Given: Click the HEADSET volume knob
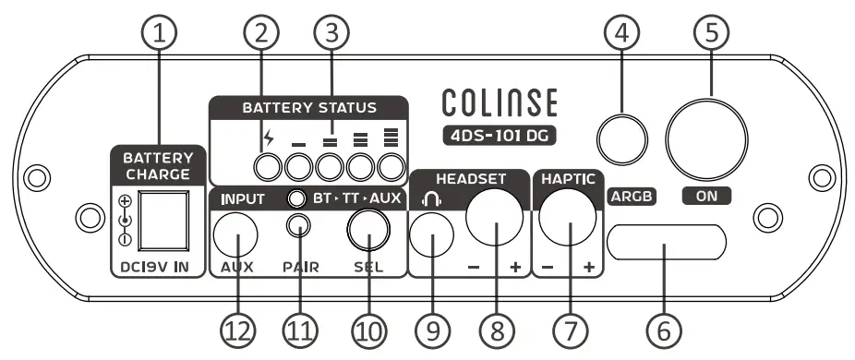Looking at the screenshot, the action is (494, 218).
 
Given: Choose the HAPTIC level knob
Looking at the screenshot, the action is (567, 222).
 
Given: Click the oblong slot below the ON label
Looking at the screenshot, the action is (667, 245).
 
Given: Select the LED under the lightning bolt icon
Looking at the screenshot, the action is (268, 167).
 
